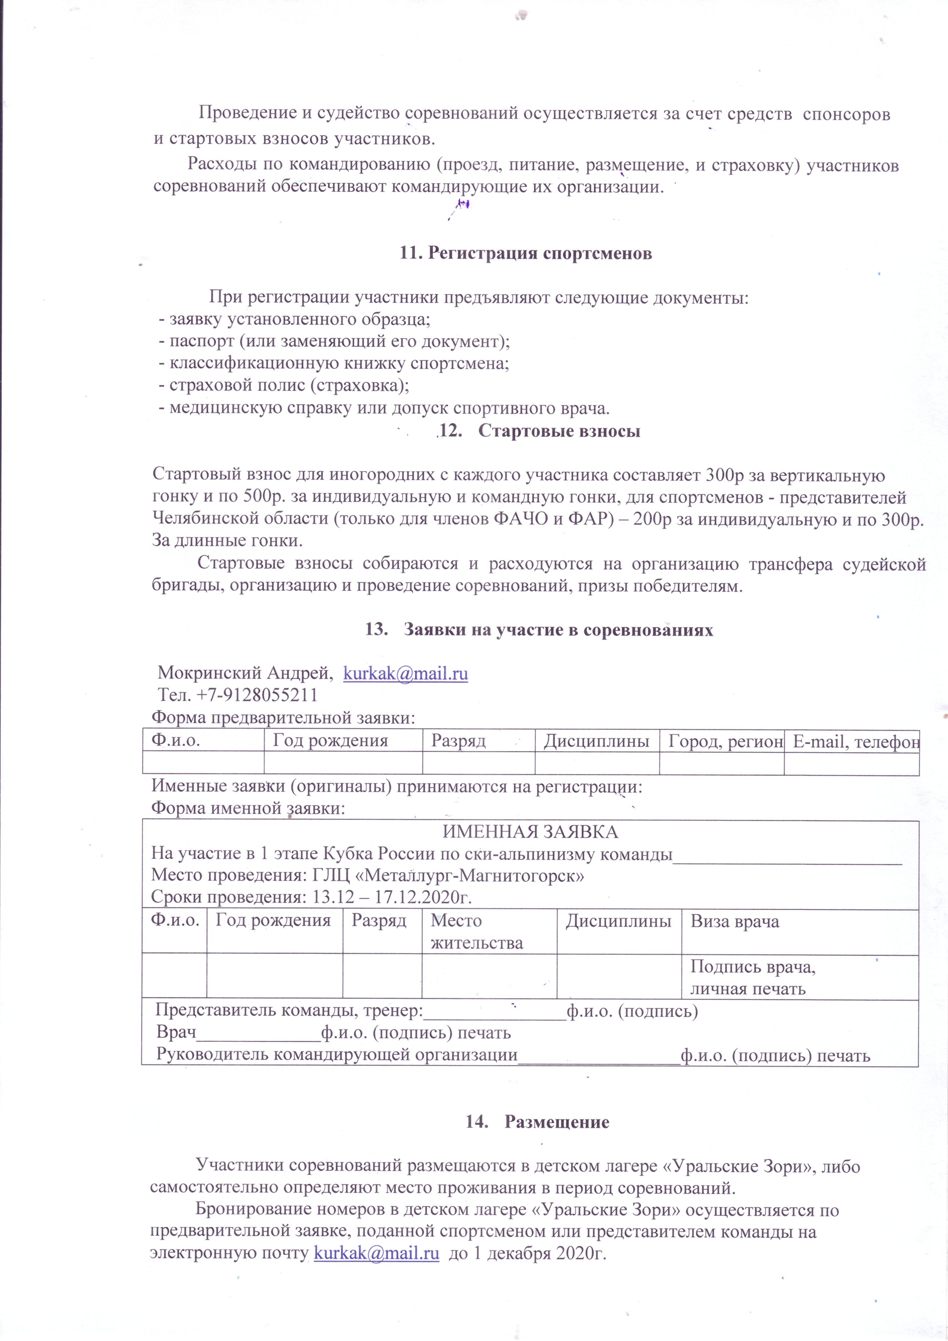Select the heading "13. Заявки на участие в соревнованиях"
tap(539, 630)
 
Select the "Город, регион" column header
tap(725, 741)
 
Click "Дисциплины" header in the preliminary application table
tap(596, 741)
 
